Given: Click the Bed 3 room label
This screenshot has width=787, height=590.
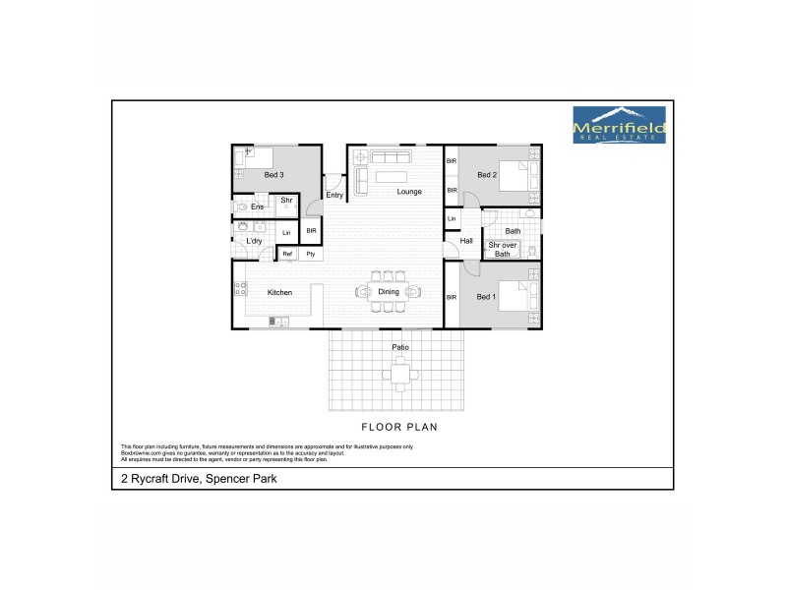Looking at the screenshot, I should (273, 175).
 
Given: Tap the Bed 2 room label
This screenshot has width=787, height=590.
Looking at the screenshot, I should (486, 175).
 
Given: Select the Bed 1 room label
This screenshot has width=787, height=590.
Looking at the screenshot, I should (486, 296).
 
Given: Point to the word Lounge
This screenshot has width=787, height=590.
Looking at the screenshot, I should (409, 192).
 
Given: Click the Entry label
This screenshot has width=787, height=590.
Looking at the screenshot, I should (335, 195).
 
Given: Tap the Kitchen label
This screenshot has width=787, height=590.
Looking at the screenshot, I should (280, 292).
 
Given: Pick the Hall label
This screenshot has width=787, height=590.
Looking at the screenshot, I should (466, 241).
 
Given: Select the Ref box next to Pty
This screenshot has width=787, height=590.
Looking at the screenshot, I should (288, 254).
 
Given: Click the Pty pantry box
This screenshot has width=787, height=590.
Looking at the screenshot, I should (311, 254).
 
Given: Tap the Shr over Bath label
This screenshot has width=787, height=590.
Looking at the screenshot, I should (502, 250).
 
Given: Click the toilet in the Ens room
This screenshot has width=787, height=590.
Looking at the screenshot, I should (242, 206).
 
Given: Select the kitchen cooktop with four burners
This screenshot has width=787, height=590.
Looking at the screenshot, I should (240, 290).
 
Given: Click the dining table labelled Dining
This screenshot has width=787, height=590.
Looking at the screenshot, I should (388, 292).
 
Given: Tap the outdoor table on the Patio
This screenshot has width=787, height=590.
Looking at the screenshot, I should (399, 372).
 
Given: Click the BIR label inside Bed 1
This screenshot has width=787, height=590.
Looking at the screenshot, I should (452, 296).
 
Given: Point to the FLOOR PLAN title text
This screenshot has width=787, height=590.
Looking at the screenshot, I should (398, 429).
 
